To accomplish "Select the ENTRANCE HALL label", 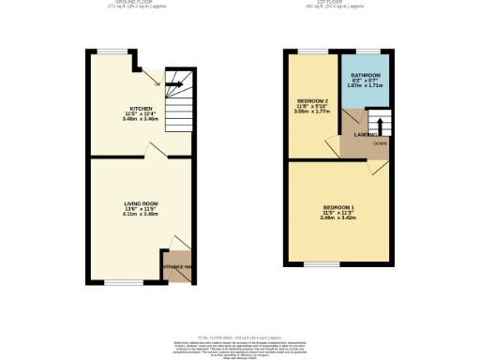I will [x=177, y=268].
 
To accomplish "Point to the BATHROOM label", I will [x=366, y=74].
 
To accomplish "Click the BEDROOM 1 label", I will [x=338, y=206].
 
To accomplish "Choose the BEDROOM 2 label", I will [x=313, y=99].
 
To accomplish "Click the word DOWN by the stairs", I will [x=380, y=142].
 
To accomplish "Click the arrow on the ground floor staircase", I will [x=172, y=82].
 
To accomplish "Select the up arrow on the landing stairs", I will [x=379, y=123].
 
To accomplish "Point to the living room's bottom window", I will [x=116, y=282].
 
